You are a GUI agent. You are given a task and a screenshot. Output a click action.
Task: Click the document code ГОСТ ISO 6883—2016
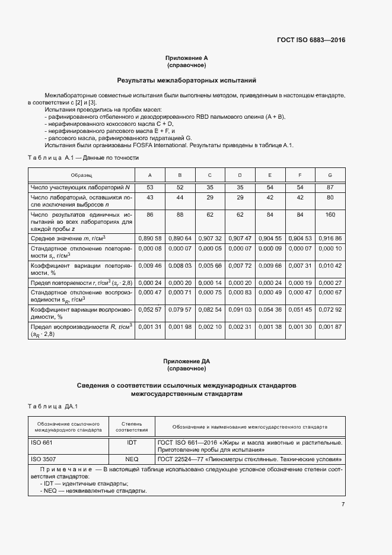(x=311, y=40)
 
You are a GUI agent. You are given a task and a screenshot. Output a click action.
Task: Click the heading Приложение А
(x=186, y=58)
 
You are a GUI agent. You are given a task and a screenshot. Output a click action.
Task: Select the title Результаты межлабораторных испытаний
(x=186, y=80)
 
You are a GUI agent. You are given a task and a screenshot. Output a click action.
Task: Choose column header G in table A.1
(x=330, y=176)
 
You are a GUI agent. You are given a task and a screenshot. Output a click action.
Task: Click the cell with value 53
(x=149, y=188)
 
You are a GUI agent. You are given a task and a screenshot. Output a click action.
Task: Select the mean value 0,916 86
(x=330, y=237)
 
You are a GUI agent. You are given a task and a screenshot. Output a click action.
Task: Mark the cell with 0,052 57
(x=149, y=309)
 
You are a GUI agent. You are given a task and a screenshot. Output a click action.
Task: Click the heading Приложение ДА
(x=186, y=361)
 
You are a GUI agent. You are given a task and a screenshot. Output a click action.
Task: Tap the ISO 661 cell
(x=41, y=443)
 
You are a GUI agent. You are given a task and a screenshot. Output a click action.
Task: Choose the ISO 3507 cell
(x=43, y=459)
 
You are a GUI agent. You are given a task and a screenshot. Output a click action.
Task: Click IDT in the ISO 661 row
(x=132, y=443)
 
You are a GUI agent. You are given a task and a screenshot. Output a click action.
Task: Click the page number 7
(x=343, y=505)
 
